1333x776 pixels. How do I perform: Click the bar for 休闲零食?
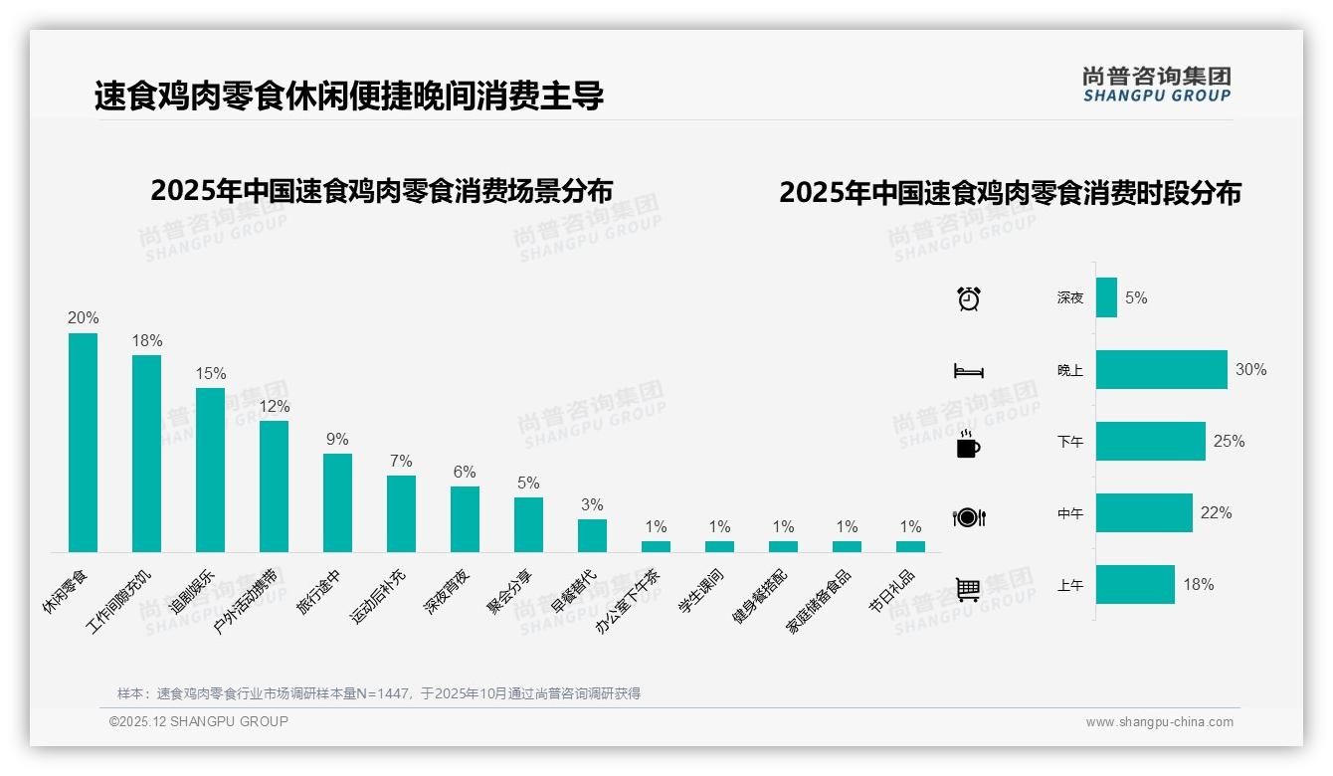click(83, 443)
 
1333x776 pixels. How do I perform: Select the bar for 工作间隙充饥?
click(146, 454)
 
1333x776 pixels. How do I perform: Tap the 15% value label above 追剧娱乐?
click(211, 374)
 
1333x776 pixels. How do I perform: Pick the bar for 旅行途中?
click(337, 502)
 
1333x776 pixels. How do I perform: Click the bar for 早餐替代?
click(592, 535)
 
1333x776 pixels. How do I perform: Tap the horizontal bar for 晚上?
click(1161, 370)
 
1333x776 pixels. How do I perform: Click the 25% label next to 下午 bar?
click(1229, 442)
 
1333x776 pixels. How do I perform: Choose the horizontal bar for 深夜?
click(1106, 297)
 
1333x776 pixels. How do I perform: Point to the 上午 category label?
click(1070, 585)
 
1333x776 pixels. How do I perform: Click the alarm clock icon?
click(969, 298)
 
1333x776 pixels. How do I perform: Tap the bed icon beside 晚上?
click(969, 371)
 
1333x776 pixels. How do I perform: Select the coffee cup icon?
click(968, 445)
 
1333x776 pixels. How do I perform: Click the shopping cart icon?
click(969, 589)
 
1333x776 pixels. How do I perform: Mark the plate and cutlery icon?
click(969, 517)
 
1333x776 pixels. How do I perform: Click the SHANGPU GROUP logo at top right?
click(1157, 85)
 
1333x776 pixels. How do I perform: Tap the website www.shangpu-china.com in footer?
click(1159, 722)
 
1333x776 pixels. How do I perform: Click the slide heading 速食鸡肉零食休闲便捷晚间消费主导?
click(349, 97)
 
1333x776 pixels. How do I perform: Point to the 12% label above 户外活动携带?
click(275, 407)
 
